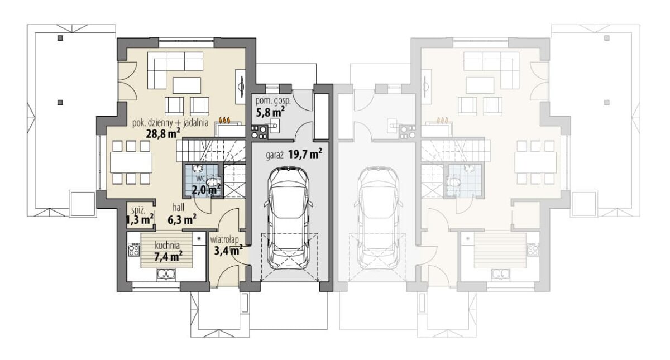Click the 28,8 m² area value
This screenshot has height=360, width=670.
click(163, 133)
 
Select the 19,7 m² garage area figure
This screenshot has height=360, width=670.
click(305, 154)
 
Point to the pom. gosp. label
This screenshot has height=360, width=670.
click(273, 101)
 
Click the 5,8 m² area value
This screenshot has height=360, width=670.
click(270, 112)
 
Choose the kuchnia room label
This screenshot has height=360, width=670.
click(167, 246)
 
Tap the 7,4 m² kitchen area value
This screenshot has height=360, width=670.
click(169, 256)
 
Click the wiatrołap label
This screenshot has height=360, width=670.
click(224, 240)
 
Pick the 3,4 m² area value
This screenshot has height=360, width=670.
click(228, 250)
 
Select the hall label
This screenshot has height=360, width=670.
click(178, 207)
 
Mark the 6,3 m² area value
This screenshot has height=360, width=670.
click(182, 220)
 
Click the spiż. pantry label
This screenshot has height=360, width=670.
click(138, 210)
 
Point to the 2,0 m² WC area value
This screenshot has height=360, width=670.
click(206, 190)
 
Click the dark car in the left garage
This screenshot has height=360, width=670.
click(288, 218)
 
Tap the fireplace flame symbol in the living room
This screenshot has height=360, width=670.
click(224, 120)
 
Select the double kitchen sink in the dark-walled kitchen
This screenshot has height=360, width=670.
click(166, 274)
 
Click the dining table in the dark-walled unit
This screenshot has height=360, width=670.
click(131, 162)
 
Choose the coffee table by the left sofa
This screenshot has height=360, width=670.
click(187, 85)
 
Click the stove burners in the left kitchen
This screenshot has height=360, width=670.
click(133, 249)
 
